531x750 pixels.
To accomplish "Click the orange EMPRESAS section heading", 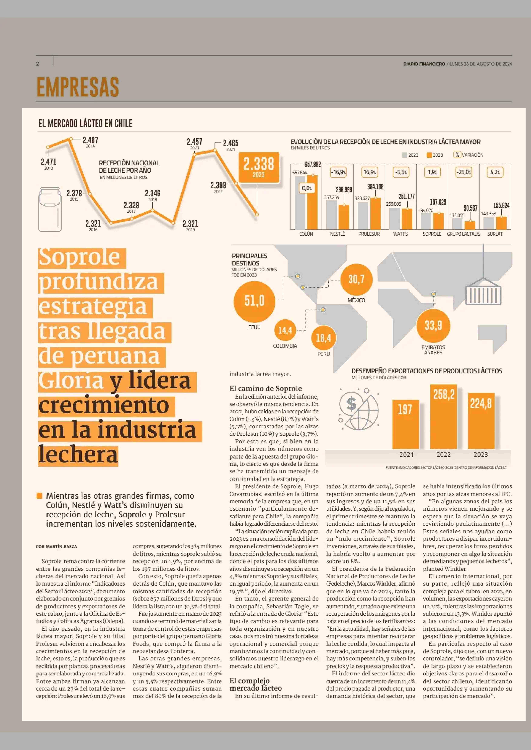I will click(x=78, y=87).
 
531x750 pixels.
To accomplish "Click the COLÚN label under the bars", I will click(x=306, y=234).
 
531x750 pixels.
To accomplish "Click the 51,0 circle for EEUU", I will click(x=254, y=301).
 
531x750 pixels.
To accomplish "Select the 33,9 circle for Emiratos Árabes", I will click(x=433, y=326).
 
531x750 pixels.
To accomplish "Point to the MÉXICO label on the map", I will click(x=356, y=300).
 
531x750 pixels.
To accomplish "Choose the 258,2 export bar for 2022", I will click(x=444, y=417).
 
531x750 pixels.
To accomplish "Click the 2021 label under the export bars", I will click(x=406, y=455).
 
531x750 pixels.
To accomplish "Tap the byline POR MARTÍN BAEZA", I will click(x=57, y=546).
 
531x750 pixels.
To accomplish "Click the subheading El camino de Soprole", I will click(x=265, y=388).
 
